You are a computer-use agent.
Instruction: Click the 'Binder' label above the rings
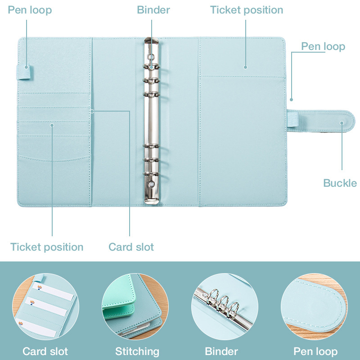click(153, 10)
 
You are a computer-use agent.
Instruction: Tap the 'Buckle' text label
click(340, 183)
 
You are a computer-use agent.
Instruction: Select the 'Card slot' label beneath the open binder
click(131, 247)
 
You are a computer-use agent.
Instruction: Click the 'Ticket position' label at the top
click(247, 10)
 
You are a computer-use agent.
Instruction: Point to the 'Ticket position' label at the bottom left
click(47, 247)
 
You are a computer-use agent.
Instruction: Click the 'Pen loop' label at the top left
click(30, 10)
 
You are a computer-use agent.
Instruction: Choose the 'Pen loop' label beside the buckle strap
click(323, 47)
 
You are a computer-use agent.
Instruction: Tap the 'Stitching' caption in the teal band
click(137, 351)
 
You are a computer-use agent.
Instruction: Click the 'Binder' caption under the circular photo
click(221, 351)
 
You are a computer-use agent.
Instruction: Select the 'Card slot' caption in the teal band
click(45, 351)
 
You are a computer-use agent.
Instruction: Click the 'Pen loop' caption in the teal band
click(316, 351)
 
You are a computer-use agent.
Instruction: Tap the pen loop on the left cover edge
click(25, 72)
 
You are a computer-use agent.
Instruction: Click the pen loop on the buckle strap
click(293, 118)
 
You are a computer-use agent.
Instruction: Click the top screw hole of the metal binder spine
click(152, 57)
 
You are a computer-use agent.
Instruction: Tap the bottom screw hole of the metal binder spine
click(151, 184)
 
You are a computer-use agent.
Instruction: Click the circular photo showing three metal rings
click(225, 306)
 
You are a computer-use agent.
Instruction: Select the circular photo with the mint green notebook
click(135, 306)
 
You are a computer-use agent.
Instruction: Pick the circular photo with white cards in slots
click(46, 306)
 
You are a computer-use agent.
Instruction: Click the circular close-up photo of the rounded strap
click(314, 306)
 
